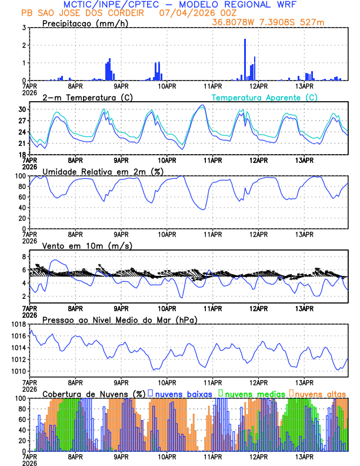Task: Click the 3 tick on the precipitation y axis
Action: (x=24, y=28)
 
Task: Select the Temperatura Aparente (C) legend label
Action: (x=264, y=97)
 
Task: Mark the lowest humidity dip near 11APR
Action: (x=204, y=209)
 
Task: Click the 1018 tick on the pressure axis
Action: (x=18, y=324)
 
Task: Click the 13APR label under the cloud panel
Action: (x=304, y=457)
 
